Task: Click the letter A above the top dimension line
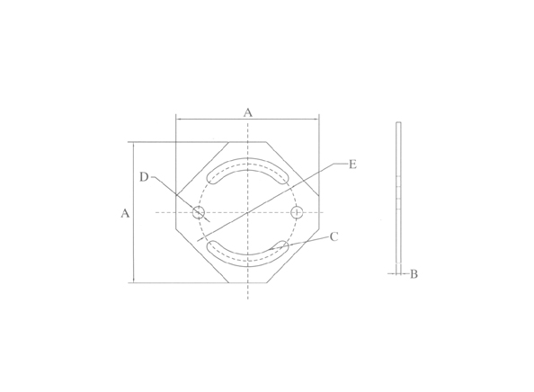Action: (x=248, y=111)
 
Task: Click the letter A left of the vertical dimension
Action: (x=125, y=213)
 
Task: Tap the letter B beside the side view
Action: (x=414, y=273)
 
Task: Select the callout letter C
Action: (x=334, y=236)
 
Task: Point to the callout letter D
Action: (x=144, y=177)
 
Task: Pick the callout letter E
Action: (x=352, y=165)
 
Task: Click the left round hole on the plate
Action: (x=198, y=212)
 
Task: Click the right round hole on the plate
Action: (x=298, y=212)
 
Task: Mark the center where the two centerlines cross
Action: (x=247, y=212)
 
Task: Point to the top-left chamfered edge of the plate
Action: (x=201, y=167)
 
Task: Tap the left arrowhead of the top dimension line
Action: (x=179, y=119)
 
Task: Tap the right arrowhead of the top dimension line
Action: (x=316, y=119)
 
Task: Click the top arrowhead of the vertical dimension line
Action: (x=134, y=145)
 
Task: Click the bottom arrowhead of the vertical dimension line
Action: (x=134, y=281)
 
